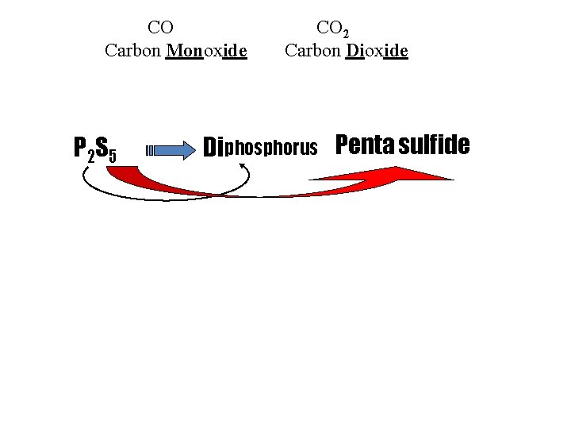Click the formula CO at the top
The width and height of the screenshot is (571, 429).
161,27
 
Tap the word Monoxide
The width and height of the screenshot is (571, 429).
207,52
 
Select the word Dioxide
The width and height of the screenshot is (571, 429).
377,52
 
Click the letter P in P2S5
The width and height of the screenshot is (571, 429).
80,148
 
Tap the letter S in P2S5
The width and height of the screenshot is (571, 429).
102,146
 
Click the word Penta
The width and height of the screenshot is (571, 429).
365,145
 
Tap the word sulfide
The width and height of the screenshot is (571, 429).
435,145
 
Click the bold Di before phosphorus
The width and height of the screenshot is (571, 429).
213,148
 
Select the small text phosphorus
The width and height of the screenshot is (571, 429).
271,149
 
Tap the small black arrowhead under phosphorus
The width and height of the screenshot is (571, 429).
243,165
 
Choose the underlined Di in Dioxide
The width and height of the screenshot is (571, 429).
354,52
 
